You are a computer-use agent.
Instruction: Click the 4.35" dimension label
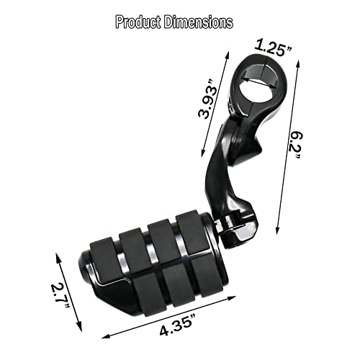click(x=179, y=331)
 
